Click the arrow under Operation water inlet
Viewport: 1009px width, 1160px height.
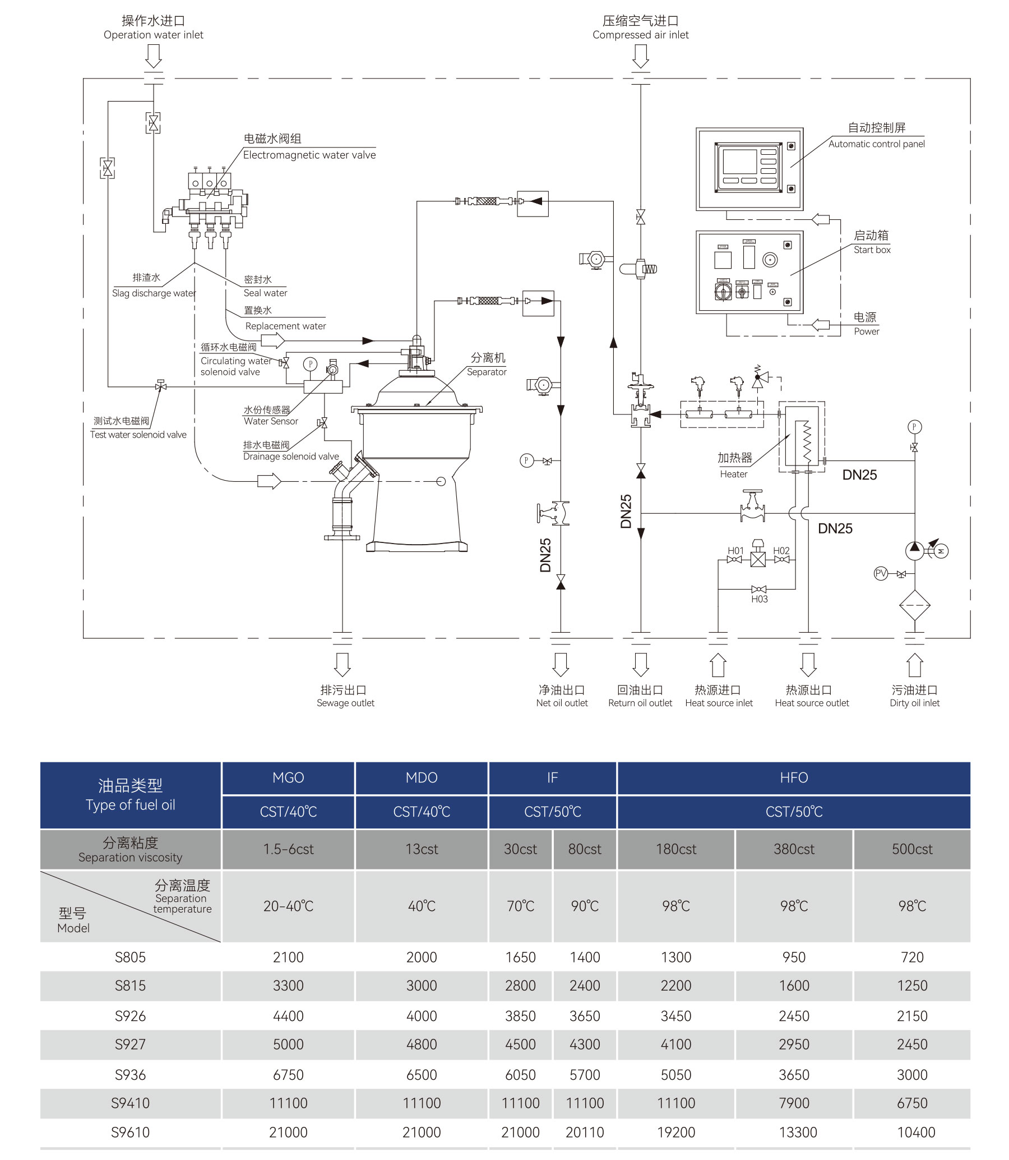(153, 56)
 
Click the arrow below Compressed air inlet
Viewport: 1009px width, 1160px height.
(640, 56)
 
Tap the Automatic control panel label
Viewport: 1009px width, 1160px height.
(876, 144)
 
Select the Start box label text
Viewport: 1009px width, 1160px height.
(872, 250)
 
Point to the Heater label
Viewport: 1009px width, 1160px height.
(734, 474)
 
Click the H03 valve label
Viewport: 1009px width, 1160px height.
(759, 599)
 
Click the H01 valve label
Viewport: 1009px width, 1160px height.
(735, 550)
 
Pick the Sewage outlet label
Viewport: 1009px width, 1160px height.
(345, 702)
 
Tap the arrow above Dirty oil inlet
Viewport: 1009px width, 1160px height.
(914, 665)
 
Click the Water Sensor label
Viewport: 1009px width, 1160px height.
(271, 421)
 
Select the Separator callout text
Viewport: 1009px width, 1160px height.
(487, 372)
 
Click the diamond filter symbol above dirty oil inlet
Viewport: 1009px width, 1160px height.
(914, 606)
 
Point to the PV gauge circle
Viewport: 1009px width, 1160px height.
(881, 573)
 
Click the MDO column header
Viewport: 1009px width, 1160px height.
(421, 777)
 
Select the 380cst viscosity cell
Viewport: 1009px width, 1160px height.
(793, 849)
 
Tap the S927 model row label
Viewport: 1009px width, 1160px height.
(130, 1044)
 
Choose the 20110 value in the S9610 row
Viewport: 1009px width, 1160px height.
(585, 1132)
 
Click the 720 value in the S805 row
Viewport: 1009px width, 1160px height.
(911, 956)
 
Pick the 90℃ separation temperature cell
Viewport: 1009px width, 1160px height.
(585, 905)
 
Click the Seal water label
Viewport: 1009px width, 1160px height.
(265, 293)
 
